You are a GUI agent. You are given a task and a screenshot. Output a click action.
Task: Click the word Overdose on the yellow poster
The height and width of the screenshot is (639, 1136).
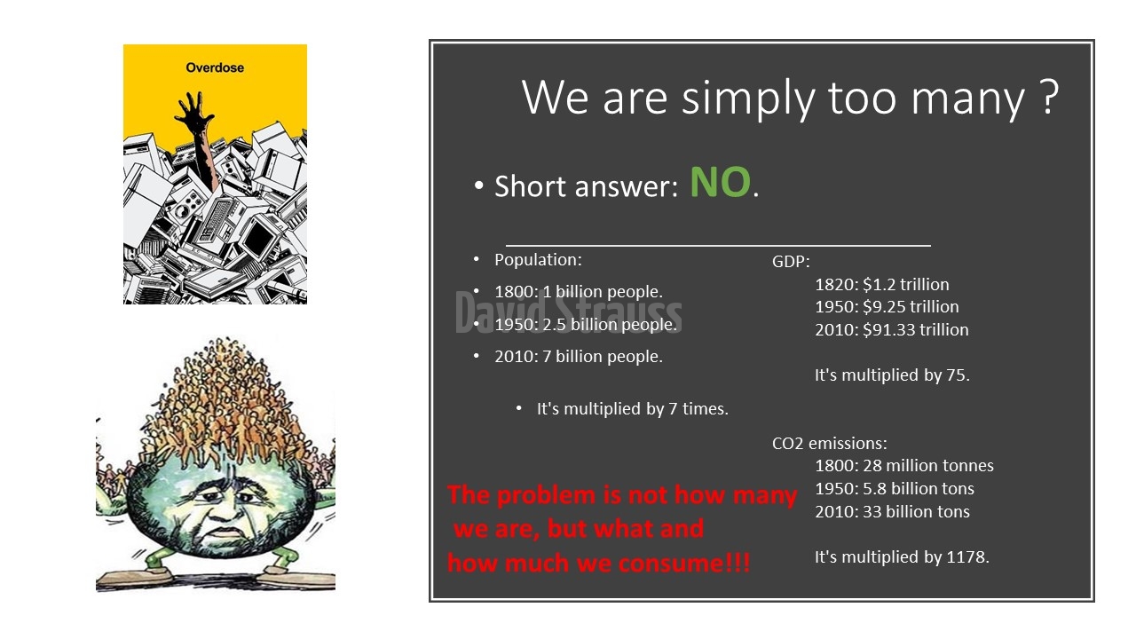click(x=215, y=67)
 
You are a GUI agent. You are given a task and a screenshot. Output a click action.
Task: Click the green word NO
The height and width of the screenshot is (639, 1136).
click(x=720, y=182)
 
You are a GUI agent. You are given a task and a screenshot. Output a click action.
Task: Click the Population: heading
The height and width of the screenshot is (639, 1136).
click(x=538, y=260)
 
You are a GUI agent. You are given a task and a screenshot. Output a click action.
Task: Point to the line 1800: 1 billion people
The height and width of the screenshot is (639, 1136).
click(x=579, y=292)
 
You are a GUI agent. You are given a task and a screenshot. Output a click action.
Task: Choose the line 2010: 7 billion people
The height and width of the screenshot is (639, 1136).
click(x=579, y=357)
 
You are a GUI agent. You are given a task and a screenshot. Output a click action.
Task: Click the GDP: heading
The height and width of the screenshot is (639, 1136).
click(x=791, y=262)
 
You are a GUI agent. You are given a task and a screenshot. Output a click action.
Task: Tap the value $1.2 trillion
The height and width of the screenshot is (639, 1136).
click(x=906, y=285)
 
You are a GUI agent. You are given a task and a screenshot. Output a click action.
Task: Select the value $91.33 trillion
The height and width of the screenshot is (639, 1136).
click(x=915, y=329)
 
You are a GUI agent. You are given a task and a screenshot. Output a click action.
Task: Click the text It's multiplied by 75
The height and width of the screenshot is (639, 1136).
click(x=892, y=375)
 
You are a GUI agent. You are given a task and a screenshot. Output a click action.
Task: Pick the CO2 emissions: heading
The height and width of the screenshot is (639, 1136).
click(x=830, y=443)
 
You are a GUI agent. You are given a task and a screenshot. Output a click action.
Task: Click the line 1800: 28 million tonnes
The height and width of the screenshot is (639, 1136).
click(x=904, y=466)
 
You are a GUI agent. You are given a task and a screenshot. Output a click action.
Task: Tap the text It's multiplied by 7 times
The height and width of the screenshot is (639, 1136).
click(x=633, y=409)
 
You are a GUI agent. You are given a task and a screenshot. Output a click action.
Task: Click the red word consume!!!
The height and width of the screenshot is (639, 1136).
click(x=684, y=564)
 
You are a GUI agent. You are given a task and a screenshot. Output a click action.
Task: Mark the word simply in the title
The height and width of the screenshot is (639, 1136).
click(x=748, y=99)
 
